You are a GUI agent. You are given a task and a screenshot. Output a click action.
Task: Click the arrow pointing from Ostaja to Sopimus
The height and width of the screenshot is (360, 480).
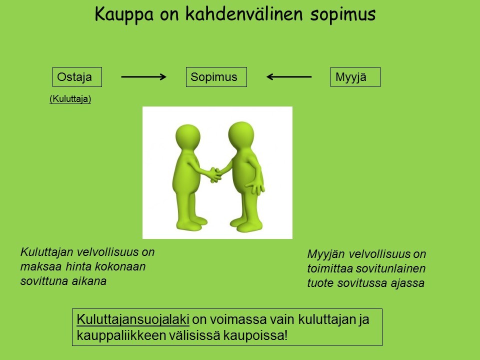click(143, 77)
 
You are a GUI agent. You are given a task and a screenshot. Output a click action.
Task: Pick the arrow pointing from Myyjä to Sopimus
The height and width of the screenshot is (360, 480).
click(289, 77)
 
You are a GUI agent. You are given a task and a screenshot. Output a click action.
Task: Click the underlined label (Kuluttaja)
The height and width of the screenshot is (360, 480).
click(70, 99)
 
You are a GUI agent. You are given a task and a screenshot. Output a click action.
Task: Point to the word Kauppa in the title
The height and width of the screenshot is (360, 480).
click(124, 14)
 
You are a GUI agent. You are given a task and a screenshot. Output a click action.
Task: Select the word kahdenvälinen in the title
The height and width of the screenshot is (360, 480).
click(244, 14)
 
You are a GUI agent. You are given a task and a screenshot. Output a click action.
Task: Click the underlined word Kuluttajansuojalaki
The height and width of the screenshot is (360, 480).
click(133, 320)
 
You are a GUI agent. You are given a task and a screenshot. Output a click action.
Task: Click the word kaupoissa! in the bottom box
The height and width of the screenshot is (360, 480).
click(255, 335)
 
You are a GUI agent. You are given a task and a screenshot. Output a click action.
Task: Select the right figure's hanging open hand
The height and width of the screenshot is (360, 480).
click(256, 187)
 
